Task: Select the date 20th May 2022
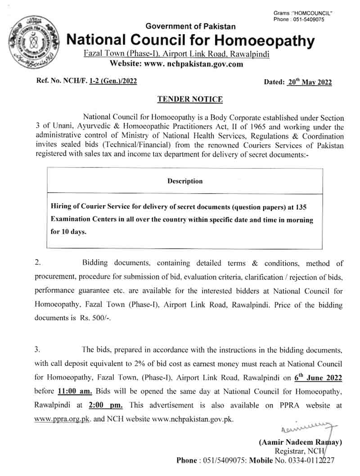(x=309, y=82)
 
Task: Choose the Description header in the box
(x=185, y=181)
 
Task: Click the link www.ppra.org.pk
(x=63, y=418)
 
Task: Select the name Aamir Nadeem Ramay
(x=301, y=442)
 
